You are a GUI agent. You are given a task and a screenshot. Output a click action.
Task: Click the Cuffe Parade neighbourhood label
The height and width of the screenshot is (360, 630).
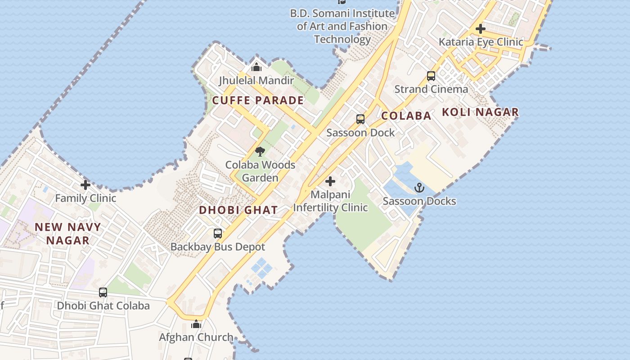[x=258, y=100]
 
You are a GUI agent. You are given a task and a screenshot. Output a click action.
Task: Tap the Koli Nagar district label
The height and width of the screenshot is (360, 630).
[x=480, y=112]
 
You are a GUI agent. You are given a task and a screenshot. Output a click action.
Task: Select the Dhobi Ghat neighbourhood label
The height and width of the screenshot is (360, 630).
[x=238, y=210]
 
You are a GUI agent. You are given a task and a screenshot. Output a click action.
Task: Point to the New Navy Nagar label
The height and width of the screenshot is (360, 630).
[x=68, y=234]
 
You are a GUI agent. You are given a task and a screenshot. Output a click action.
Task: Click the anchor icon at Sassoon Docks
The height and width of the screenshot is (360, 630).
[x=419, y=188]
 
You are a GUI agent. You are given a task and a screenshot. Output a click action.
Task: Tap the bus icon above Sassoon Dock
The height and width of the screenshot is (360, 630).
[x=360, y=119]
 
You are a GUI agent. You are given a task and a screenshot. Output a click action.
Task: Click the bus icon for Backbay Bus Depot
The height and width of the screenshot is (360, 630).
[x=218, y=234]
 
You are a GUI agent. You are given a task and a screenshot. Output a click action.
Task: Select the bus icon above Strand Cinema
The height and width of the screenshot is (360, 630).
[x=431, y=76]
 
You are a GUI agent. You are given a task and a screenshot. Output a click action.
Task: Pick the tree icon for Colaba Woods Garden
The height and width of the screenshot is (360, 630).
[x=260, y=152]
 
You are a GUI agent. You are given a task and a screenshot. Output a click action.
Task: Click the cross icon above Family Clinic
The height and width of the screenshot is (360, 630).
[x=85, y=185]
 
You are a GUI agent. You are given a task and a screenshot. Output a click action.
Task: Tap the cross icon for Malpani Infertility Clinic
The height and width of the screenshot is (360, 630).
[x=330, y=182]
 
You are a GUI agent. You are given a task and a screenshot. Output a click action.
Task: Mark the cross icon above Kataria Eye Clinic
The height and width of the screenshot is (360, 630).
[x=481, y=29]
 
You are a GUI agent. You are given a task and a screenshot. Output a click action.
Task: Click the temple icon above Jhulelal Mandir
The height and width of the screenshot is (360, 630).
[x=256, y=67]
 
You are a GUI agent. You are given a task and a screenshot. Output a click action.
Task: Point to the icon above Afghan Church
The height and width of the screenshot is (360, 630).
[x=196, y=324]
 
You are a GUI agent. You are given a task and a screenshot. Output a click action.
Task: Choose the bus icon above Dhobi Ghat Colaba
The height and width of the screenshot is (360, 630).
[x=103, y=292]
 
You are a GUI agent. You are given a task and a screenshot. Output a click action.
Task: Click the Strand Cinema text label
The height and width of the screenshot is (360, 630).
[x=431, y=89]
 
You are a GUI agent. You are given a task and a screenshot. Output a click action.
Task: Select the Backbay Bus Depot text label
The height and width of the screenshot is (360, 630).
[x=218, y=247]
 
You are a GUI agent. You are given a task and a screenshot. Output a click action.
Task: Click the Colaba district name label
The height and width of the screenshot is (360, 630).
[x=406, y=116]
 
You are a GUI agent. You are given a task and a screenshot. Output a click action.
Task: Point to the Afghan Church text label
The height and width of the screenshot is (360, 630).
[x=196, y=337]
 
